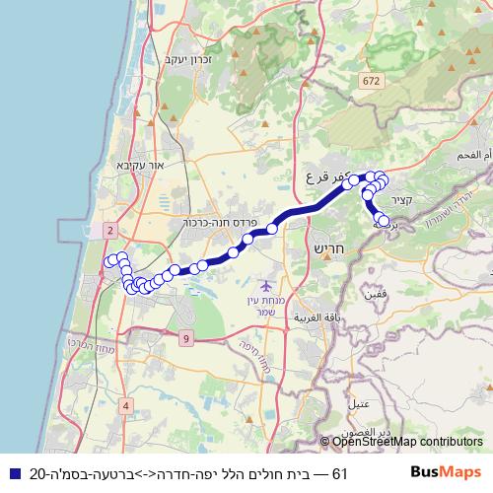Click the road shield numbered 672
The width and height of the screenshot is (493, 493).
click(370, 80)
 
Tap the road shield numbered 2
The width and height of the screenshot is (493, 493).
click(109, 230)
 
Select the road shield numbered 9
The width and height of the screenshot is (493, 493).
click(186, 339)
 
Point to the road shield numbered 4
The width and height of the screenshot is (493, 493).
click(126, 405)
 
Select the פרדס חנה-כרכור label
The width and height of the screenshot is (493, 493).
click(220, 223)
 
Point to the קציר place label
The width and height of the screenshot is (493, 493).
click(413, 200)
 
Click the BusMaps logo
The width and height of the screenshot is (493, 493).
click(447, 472)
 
